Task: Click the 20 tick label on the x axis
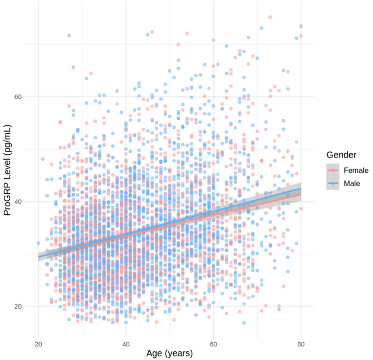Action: click(x=38, y=344)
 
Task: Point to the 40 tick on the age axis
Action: click(x=126, y=344)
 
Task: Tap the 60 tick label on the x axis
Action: click(x=213, y=344)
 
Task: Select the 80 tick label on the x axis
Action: click(x=300, y=344)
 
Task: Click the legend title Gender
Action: click(x=337, y=155)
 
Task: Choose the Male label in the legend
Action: click(x=352, y=184)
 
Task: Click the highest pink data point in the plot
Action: click(x=270, y=17)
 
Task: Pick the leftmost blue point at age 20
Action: click(x=38, y=243)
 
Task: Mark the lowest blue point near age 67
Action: click(x=244, y=323)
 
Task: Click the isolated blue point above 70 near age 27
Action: click(x=69, y=36)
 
